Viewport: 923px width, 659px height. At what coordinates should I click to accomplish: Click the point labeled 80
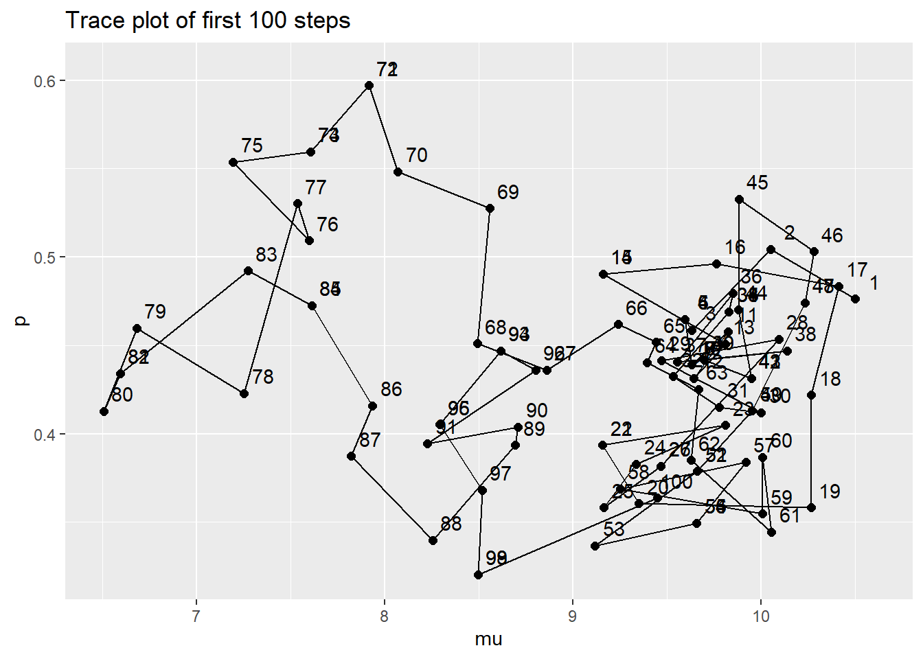(x=104, y=411)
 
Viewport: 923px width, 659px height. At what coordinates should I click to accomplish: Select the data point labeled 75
(x=233, y=163)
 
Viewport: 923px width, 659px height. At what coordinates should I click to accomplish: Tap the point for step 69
(x=490, y=209)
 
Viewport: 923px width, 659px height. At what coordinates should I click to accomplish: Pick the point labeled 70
(x=398, y=172)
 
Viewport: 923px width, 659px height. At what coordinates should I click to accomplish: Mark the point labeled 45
(x=739, y=200)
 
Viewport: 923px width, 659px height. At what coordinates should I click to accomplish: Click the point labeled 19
(x=811, y=508)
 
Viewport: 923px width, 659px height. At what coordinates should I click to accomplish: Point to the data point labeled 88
(x=433, y=541)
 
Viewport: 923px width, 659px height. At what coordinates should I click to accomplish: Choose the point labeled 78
(x=244, y=393)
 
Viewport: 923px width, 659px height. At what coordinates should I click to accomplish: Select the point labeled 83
(x=249, y=271)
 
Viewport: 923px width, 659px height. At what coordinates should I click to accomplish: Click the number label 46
(x=832, y=236)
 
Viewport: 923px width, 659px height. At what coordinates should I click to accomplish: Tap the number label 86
(x=391, y=389)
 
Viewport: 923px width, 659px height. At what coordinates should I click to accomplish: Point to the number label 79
(x=155, y=312)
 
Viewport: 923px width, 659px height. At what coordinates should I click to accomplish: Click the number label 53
(x=614, y=529)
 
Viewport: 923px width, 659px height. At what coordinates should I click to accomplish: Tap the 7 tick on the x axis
(x=196, y=616)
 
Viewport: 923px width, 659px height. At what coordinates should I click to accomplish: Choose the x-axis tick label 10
(x=760, y=616)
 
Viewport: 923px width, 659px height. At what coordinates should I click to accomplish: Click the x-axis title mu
(x=488, y=640)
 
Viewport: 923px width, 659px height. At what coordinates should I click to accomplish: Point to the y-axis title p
(x=22, y=321)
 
